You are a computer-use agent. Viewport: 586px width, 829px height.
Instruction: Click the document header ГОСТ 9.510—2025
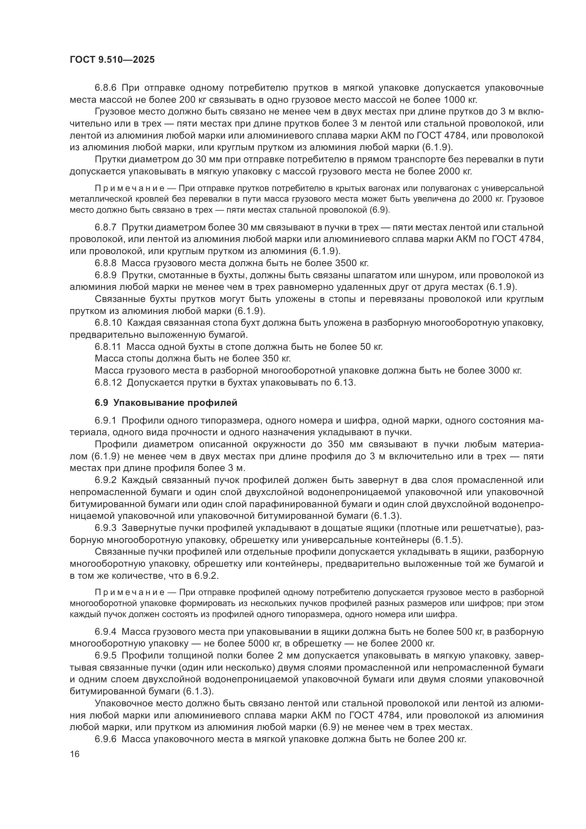coord(112,60)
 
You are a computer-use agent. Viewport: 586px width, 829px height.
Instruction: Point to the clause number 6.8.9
coord(106,275)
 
